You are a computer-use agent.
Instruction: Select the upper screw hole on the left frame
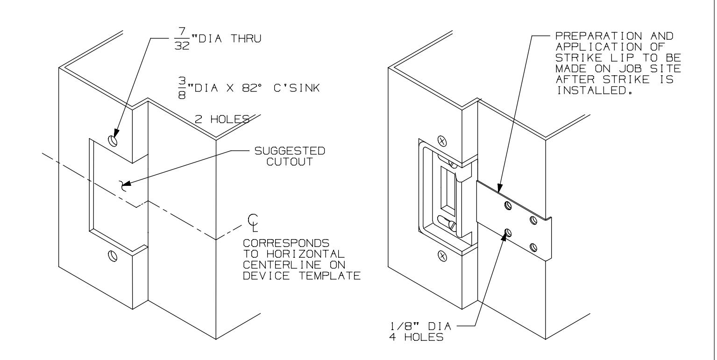[112, 140]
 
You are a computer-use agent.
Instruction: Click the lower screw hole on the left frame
[112, 255]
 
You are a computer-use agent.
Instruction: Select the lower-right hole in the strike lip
[533, 247]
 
